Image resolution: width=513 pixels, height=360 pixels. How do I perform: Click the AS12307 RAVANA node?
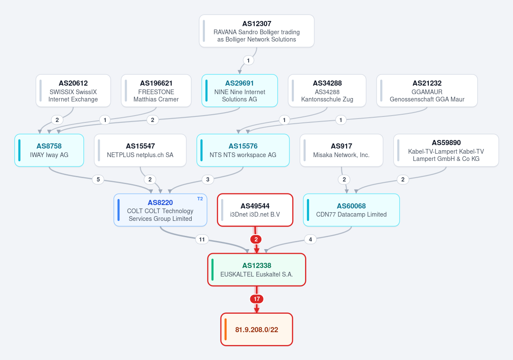point(257,31)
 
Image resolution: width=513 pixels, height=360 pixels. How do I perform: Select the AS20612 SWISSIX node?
point(73,91)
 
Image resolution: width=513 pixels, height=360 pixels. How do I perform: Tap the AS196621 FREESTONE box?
point(156,91)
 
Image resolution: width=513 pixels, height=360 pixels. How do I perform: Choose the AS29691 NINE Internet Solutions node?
point(240,91)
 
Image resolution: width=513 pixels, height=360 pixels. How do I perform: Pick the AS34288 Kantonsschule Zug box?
point(327,91)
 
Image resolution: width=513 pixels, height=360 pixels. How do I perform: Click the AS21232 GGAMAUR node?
point(427,91)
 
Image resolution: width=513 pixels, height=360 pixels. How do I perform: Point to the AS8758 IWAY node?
point(49,150)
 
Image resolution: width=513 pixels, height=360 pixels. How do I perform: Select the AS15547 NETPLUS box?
point(140,150)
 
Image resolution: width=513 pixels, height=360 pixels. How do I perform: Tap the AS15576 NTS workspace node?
point(243,150)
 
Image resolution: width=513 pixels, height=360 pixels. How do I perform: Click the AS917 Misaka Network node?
point(341,150)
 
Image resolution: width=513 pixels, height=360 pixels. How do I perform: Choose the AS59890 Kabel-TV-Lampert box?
point(446,150)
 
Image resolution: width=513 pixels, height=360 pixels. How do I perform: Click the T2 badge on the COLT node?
point(200,199)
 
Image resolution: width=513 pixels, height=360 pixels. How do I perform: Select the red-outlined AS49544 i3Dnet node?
point(255,210)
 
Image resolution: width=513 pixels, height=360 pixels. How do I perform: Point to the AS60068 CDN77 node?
point(351,210)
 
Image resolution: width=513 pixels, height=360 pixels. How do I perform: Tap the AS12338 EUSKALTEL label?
point(257,270)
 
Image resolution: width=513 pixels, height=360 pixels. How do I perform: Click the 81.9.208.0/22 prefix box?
point(257,329)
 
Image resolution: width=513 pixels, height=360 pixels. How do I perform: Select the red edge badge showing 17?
point(257,299)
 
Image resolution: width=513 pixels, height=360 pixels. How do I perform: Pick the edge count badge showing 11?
point(202,240)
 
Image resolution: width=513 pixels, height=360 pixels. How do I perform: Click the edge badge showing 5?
point(98,179)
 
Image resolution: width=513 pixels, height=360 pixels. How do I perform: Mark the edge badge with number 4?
point(310,240)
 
